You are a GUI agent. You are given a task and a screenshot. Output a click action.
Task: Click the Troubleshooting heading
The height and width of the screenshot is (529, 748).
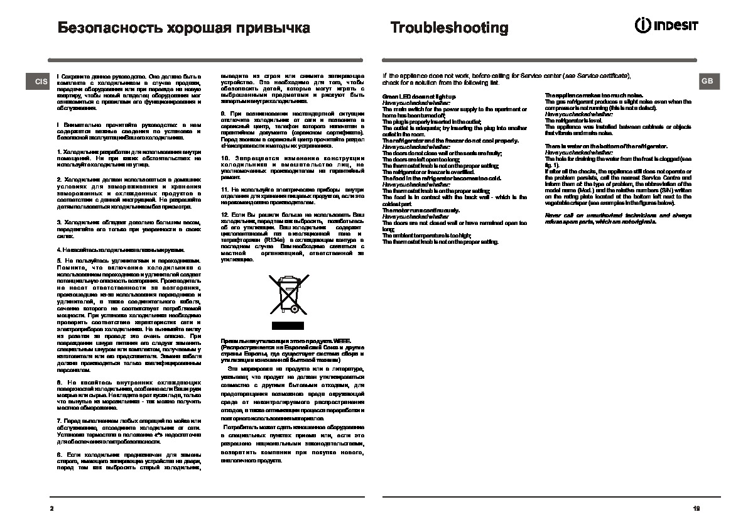449,28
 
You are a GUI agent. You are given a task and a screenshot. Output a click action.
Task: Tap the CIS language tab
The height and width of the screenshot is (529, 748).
41,82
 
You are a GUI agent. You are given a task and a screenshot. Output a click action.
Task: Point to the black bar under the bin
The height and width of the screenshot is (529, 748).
288,325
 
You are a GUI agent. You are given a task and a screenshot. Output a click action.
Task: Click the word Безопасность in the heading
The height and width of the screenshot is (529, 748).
107,28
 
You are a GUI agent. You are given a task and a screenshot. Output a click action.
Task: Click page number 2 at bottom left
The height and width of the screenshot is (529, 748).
52,508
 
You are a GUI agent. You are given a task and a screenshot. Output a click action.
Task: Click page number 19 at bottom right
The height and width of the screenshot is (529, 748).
696,508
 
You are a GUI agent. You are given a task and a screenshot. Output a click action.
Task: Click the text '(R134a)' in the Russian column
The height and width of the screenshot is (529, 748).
274,239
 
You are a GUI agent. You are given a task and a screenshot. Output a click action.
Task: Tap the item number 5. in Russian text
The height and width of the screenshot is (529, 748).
59,260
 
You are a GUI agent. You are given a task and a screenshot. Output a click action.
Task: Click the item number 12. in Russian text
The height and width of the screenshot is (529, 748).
225,215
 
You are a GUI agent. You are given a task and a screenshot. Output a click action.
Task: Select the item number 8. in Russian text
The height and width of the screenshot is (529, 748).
59,453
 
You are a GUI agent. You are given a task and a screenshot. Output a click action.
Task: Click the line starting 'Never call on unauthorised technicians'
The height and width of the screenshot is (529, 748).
618,215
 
